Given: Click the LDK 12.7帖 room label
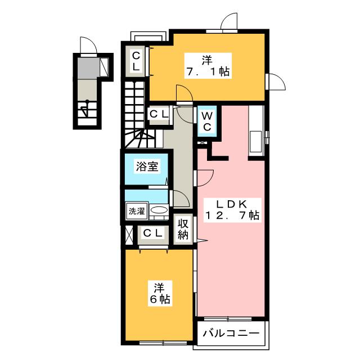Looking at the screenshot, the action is coord(232,210).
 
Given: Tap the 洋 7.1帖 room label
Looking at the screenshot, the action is coord(208,66).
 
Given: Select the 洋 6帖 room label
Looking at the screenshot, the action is coord(160,294).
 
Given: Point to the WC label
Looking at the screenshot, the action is coord(207,121).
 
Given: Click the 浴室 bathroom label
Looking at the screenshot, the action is coord(147,166).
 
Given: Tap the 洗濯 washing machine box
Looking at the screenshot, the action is coord(137,211).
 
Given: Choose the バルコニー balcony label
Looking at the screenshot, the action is coord(231,334).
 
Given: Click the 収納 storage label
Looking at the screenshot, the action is coord(183,229).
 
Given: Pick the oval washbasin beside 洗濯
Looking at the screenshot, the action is coord(159,210).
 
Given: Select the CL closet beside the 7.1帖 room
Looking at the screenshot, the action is coord(136,61).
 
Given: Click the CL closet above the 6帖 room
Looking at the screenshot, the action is coord(153,234).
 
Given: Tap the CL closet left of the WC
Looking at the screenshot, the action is coord(159,114).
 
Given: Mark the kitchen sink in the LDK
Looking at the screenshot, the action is coord(256,142).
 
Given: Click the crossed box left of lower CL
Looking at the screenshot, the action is coord(129,235).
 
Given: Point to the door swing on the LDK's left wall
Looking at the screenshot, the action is coord(205,178).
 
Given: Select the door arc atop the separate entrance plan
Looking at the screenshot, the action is coord(88,45).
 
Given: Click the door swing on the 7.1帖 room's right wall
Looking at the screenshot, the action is coord(277,82).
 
